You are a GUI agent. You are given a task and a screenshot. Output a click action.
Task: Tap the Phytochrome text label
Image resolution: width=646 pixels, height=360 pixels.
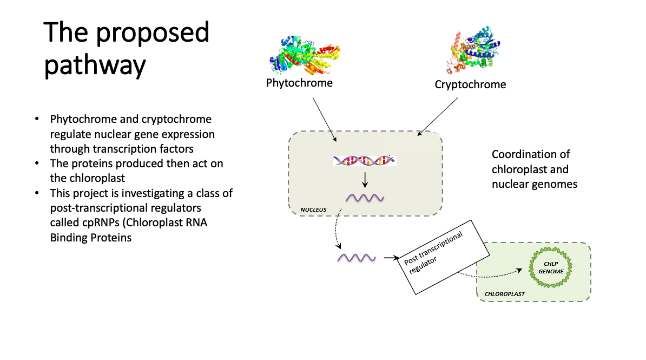(299, 83)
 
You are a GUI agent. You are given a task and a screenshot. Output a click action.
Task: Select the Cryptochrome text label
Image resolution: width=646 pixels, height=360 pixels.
(470, 84)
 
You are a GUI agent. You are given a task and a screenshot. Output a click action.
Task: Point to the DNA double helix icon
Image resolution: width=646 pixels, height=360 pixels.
(365, 160)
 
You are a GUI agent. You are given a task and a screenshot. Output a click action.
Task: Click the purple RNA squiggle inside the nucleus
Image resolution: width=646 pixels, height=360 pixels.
(365, 198)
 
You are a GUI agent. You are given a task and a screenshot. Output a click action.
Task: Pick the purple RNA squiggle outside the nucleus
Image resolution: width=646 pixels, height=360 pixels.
(357, 258)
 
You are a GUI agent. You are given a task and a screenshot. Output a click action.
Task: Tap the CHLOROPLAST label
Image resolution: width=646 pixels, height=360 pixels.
(504, 294)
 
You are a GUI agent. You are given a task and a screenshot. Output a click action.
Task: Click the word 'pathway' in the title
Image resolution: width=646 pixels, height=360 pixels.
(95, 65)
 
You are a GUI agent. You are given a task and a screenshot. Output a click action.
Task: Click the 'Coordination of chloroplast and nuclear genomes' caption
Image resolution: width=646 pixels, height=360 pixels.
(534, 169)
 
